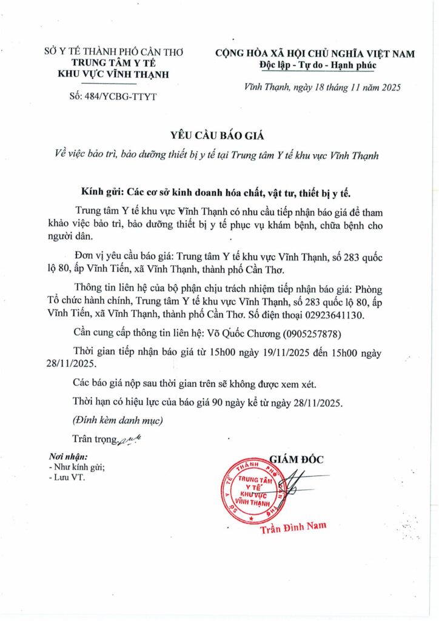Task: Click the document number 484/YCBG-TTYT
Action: (x=113, y=96)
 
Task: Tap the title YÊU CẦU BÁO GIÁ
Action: (x=219, y=135)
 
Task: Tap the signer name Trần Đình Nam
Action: (x=293, y=528)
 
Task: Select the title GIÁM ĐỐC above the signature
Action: (x=297, y=460)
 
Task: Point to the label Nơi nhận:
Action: (x=68, y=456)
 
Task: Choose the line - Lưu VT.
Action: (x=67, y=477)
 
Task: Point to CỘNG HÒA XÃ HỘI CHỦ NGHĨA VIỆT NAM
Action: (x=315, y=53)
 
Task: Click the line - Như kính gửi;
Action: (x=78, y=466)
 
